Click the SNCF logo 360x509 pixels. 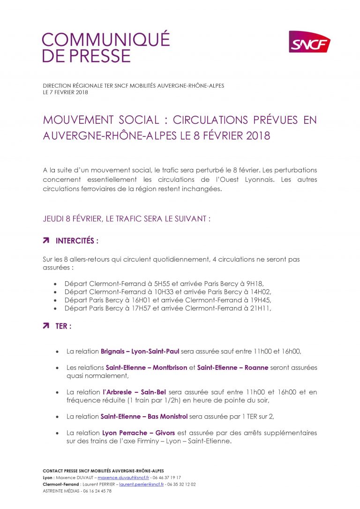pos(309,42)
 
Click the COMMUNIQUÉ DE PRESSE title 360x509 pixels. pos(106,48)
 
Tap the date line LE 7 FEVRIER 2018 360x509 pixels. pos(65,92)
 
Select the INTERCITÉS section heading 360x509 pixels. pos(77,241)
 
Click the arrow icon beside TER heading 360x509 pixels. pos(46,326)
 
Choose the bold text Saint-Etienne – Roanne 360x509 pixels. pos(232,367)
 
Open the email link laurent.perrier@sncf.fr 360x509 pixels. pos(141,484)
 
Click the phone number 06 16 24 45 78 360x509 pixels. pos(97,491)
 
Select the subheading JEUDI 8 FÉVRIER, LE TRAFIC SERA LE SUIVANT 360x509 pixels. pos(127,219)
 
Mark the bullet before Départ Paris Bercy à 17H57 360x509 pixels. pos(55,308)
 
